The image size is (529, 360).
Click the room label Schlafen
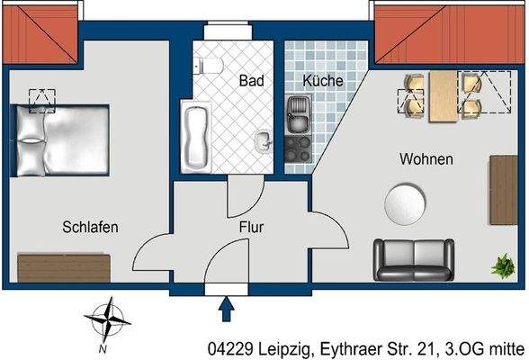point(90,227)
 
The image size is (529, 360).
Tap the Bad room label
point(251,81)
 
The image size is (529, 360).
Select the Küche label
point(322,81)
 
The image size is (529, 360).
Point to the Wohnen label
point(426,159)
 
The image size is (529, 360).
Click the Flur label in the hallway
point(251,228)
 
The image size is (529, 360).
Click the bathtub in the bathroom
point(194,136)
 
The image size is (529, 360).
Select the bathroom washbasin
point(264,141)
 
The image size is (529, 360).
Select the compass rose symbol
point(105,321)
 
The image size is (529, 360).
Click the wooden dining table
point(442,95)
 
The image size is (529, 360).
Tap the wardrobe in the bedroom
point(63,267)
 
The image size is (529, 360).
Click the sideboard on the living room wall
point(503,190)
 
